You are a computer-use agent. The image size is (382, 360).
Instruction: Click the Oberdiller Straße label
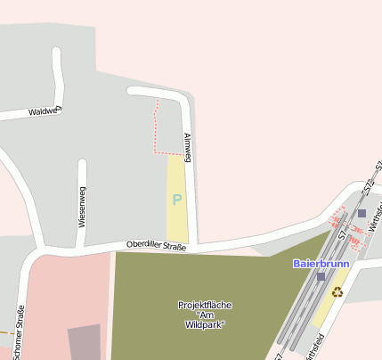[156, 245]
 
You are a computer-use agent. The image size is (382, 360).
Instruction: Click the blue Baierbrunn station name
[321, 264]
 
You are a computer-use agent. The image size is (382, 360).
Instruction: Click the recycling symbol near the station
[337, 291]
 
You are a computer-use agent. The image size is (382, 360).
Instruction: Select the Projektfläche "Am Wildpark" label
[205, 315]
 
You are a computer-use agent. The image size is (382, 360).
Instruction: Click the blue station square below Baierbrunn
[321, 277]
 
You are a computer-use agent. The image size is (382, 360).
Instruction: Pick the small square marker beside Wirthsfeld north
[362, 213]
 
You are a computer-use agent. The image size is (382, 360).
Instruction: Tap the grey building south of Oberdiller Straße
[85, 342]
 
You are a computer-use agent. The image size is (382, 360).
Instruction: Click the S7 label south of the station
[279, 356]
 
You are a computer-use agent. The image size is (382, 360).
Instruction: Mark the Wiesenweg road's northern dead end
[83, 164]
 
